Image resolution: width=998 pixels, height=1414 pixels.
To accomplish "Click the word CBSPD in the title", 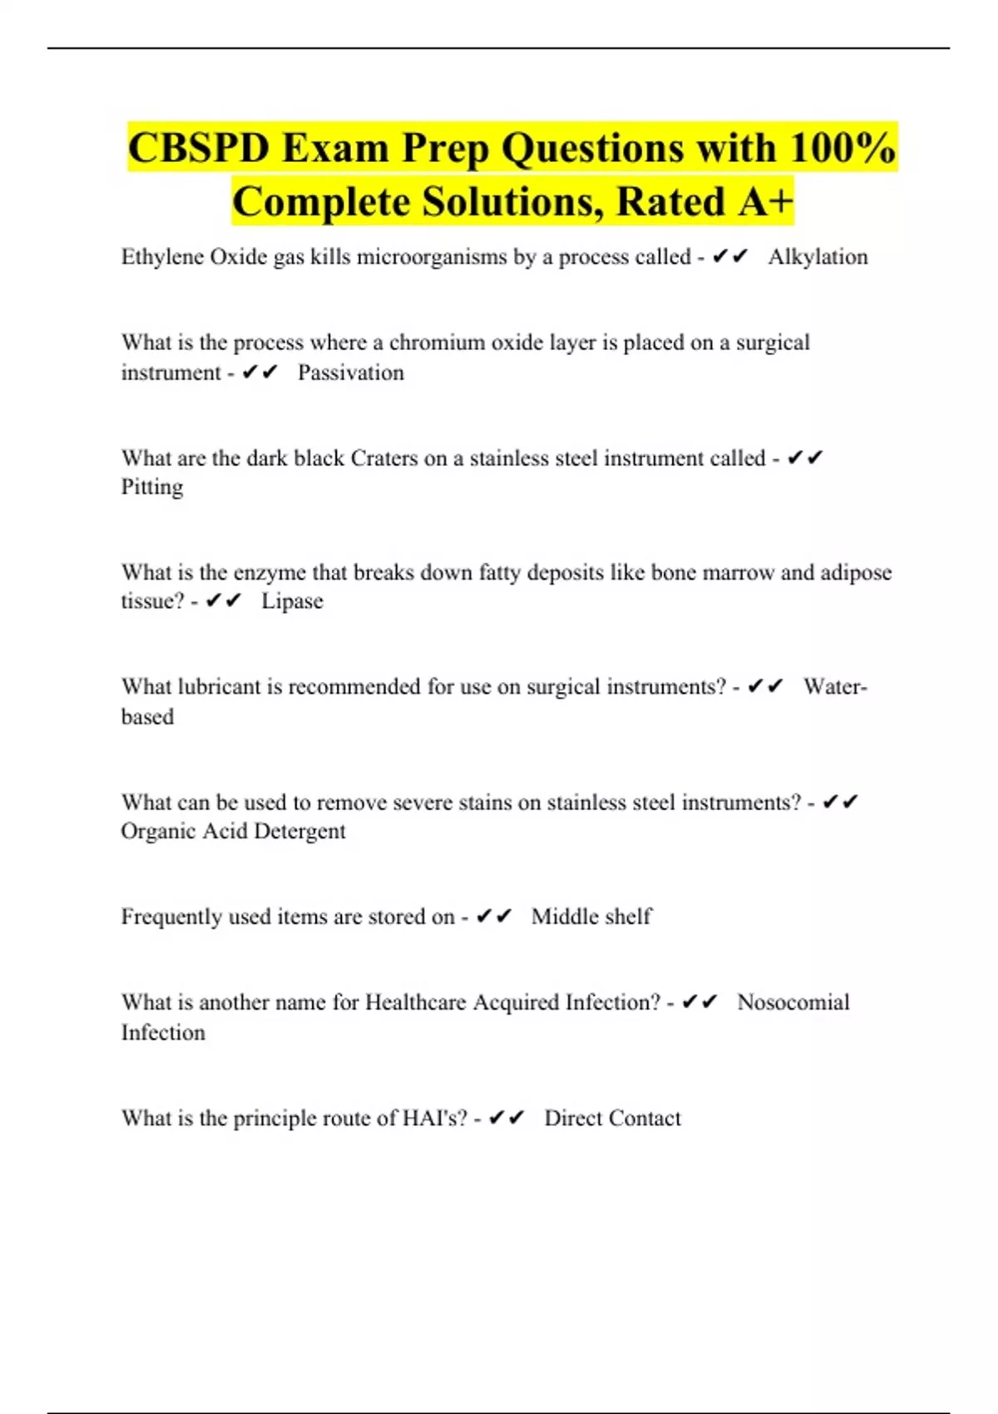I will [200, 149].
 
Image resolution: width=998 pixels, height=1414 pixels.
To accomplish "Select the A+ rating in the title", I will [763, 202].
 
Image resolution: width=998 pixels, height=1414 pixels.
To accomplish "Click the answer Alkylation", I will [818, 257].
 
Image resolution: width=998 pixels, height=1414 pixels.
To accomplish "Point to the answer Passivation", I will [350, 373].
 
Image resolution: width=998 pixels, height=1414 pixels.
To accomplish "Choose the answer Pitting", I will [152, 487].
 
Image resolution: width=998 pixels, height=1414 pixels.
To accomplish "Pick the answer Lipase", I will [292, 601].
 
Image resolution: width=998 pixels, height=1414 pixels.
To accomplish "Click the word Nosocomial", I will [793, 1002].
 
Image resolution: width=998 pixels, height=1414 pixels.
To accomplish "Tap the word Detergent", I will [299, 831].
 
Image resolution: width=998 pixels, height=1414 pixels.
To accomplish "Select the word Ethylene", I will [162, 257].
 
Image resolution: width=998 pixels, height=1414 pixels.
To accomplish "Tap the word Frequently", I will [171, 917].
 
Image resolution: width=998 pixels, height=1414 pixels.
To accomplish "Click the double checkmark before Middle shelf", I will [493, 917].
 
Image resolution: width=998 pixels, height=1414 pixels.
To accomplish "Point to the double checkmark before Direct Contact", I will [506, 1118].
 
